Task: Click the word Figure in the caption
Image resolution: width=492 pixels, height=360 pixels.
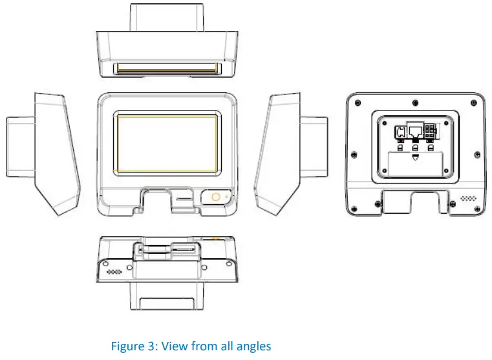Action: click(x=128, y=346)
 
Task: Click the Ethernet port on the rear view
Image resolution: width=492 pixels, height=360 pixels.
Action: click(x=414, y=132)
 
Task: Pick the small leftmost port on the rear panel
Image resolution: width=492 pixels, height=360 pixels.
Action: click(x=400, y=133)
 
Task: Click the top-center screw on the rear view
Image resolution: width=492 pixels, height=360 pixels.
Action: click(x=414, y=103)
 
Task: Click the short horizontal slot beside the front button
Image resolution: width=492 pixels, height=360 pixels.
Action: click(x=184, y=193)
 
